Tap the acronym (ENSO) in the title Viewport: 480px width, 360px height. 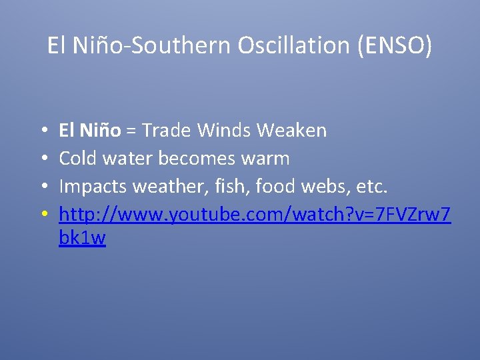click(395, 45)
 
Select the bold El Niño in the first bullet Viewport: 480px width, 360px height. click(90, 130)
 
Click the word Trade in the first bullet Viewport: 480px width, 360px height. click(167, 130)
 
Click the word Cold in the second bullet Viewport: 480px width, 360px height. click(78, 158)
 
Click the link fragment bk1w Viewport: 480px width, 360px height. click(82, 238)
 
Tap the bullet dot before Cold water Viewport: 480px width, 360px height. click(42, 159)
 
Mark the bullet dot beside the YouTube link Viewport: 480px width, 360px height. click(42, 215)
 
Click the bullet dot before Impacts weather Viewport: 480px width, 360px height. click(42, 187)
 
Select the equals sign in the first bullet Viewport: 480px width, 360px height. click(131, 131)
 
